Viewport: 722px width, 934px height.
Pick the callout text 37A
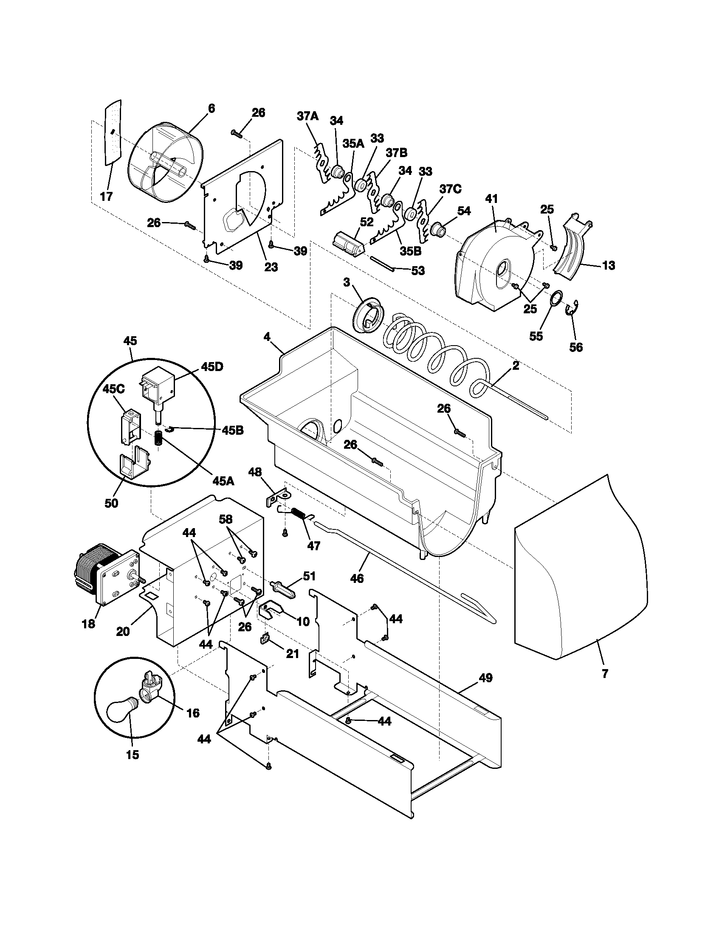[x=307, y=116]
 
